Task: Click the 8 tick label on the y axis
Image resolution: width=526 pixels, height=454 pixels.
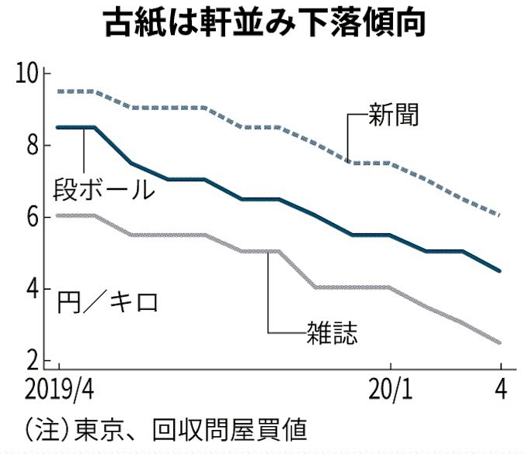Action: click(32, 146)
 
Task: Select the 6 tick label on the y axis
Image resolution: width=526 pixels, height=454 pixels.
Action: click(32, 218)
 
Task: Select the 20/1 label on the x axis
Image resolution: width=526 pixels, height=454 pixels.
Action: click(391, 389)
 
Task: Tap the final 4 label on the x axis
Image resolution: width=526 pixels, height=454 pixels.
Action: click(500, 389)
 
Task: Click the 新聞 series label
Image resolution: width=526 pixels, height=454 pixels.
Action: click(394, 115)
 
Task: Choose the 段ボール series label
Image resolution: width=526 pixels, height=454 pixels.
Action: click(104, 189)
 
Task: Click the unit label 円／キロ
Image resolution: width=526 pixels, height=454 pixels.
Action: click(108, 301)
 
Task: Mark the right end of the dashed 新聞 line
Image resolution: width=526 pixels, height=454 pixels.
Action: click(501, 215)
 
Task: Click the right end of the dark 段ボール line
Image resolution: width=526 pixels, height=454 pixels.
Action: click(501, 271)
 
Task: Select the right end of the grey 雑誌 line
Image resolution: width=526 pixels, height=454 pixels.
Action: click(501, 342)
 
